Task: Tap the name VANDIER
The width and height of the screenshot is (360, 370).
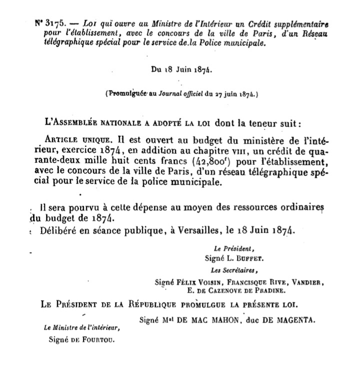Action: pyautogui.click(x=307, y=282)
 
